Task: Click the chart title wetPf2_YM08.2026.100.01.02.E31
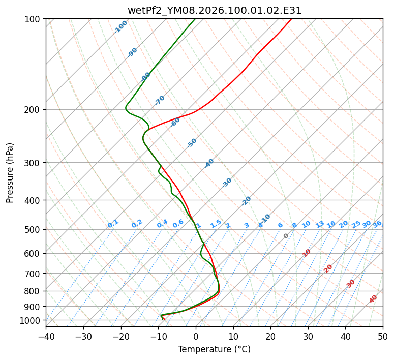pos(214,10)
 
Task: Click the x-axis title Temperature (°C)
pos(214,350)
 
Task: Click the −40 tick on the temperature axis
pos(46,336)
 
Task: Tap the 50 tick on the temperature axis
pos(383,336)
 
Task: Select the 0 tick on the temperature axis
pos(196,336)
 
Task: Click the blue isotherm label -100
pos(120,27)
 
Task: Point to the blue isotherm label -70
pos(160,100)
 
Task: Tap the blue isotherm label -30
pos(227,183)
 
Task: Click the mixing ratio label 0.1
pos(113,223)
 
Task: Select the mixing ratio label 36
pos(377,224)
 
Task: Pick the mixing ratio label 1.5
pos(216,223)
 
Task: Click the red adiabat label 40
pos(373,299)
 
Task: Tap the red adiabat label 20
pos(328,268)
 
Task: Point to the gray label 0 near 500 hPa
pos(286,236)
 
